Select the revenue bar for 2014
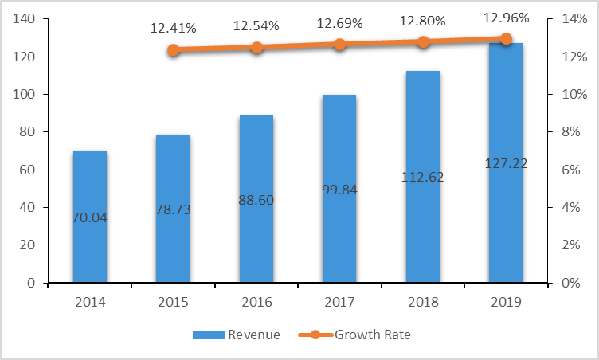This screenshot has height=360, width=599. pyautogui.click(x=89, y=239)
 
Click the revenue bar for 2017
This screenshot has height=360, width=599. pyautogui.click(x=339, y=239)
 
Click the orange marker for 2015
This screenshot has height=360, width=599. pyautogui.click(x=174, y=50)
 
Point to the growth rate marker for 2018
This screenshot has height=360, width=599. pyautogui.click(x=423, y=42)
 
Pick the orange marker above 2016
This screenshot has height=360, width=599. pyautogui.click(x=256, y=48)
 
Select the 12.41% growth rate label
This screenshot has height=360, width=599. pyautogui.click(x=173, y=29)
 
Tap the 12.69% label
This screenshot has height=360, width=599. pyautogui.click(x=339, y=24)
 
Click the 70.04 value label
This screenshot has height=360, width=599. pyautogui.click(x=89, y=215)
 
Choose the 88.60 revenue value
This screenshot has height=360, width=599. pyautogui.click(x=256, y=200)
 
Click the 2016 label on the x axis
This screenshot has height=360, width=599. pyautogui.click(x=256, y=302)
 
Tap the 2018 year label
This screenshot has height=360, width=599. pyautogui.click(x=423, y=302)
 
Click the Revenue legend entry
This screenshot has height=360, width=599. pyautogui.click(x=237, y=335)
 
